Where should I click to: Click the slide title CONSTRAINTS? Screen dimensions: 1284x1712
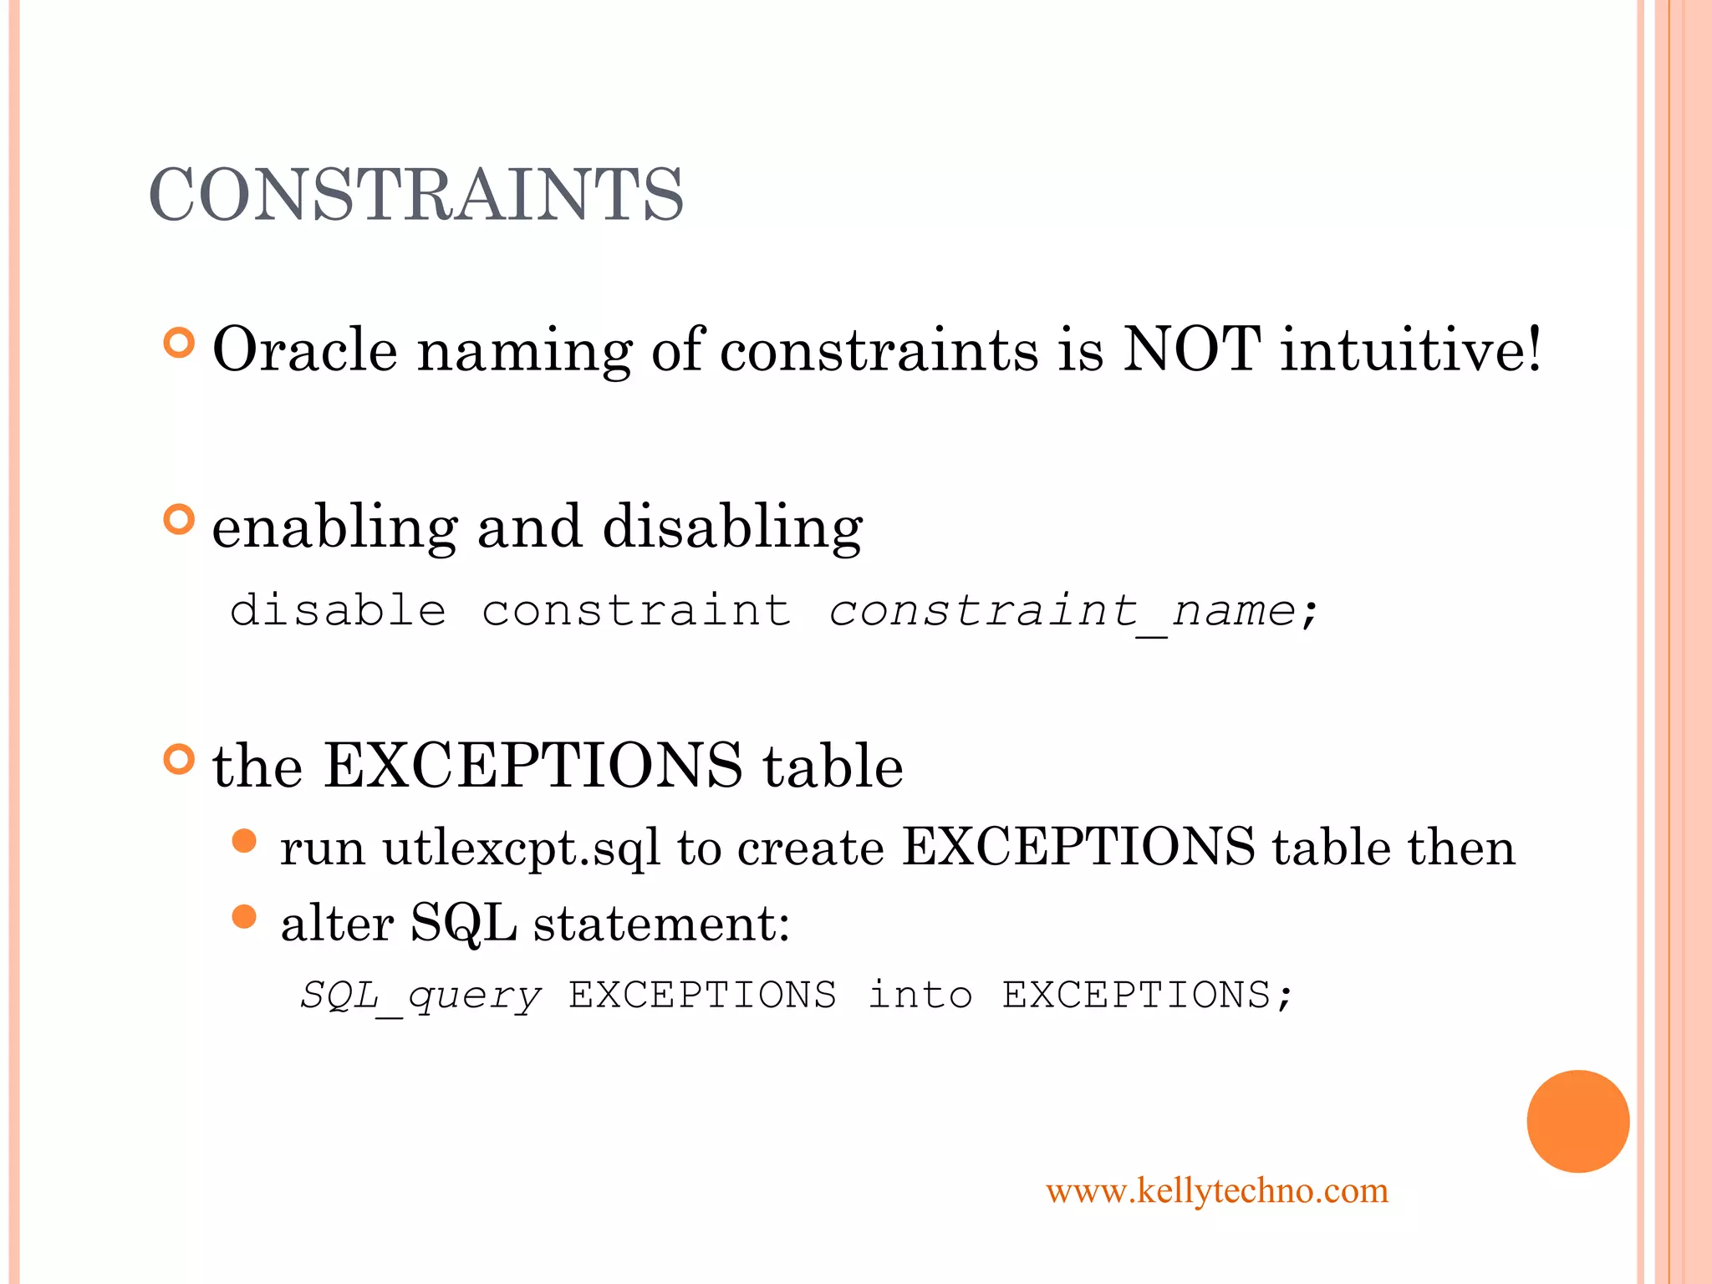[x=416, y=194]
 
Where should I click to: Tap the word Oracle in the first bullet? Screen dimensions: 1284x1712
[x=305, y=349]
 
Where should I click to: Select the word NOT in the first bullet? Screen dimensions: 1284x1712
[x=1191, y=349]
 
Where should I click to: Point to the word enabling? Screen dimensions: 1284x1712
[x=334, y=528]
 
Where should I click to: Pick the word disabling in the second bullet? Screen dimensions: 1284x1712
[x=732, y=528]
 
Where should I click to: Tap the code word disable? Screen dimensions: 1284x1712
[x=338, y=610]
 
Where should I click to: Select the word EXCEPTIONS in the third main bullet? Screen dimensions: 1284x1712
[x=532, y=765]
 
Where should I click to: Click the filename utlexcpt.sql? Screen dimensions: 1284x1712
[x=521, y=848]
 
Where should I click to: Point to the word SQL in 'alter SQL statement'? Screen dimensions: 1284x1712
[x=463, y=924]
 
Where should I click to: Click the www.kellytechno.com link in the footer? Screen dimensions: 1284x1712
[x=1217, y=1190]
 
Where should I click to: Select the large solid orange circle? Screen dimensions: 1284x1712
[x=1577, y=1121]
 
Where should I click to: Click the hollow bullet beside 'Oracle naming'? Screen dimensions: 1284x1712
[x=179, y=344]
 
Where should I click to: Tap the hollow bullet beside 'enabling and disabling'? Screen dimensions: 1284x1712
[x=179, y=520]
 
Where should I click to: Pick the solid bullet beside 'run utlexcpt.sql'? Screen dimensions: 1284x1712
[x=244, y=841]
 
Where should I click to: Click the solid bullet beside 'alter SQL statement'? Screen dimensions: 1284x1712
[x=244, y=917]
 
